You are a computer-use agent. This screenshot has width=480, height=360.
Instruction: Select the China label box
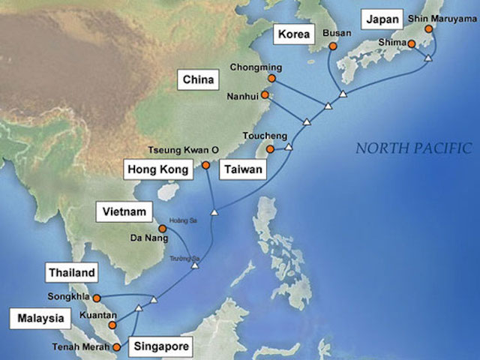click(x=198, y=79)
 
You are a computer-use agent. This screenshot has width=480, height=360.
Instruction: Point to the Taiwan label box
click(x=241, y=170)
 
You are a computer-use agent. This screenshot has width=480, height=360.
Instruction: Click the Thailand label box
click(x=72, y=273)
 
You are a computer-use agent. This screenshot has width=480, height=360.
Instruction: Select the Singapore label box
click(x=160, y=346)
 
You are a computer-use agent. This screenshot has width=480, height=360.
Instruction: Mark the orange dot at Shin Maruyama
click(x=428, y=30)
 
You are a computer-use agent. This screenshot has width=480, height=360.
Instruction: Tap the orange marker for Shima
click(x=412, y=44)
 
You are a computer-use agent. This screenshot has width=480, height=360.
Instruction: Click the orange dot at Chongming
click(x=271, y=77)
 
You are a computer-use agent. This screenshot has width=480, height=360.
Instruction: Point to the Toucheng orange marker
click(x=270, y=148)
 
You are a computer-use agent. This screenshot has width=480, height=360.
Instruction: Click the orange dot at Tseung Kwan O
click(x=205, y=164)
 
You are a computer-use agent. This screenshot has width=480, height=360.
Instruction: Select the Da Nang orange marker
click(x=161, y=228)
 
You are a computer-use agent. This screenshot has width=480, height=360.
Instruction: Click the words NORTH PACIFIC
click(x=413, y=148)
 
